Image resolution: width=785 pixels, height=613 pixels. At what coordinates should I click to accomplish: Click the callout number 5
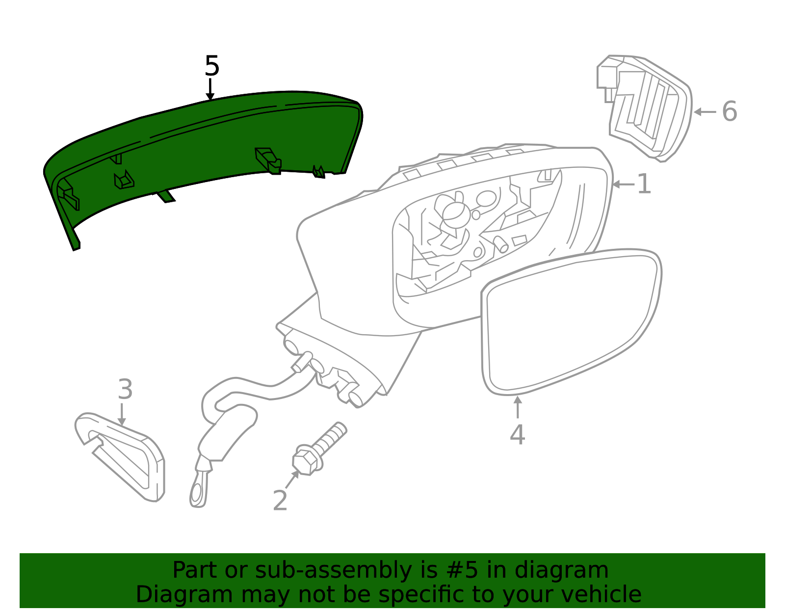[x=211, y=66]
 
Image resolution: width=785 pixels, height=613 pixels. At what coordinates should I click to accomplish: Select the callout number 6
[x=730, y=111]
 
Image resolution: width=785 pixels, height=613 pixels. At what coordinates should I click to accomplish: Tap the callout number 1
[x=644, y=184]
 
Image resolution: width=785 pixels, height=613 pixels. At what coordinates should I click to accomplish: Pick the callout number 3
[x=125, y=389]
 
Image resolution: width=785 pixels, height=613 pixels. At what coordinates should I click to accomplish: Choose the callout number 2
[x=280, y=500]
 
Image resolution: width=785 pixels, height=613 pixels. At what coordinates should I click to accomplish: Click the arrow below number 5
[x=210, y=89]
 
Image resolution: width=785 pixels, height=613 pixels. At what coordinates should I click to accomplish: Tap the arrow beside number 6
[x=705, y=112]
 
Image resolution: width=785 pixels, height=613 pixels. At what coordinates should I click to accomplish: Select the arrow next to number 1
[x=624, y=184]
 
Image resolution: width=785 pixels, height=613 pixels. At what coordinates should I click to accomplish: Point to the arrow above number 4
[x=518, y=407]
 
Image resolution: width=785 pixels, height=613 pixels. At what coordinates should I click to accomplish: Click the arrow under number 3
[x=122, y=414]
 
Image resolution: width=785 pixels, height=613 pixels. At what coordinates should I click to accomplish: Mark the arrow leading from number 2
[x=292, y=480]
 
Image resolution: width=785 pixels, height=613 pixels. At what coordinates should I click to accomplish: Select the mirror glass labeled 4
[x=571, y=321]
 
